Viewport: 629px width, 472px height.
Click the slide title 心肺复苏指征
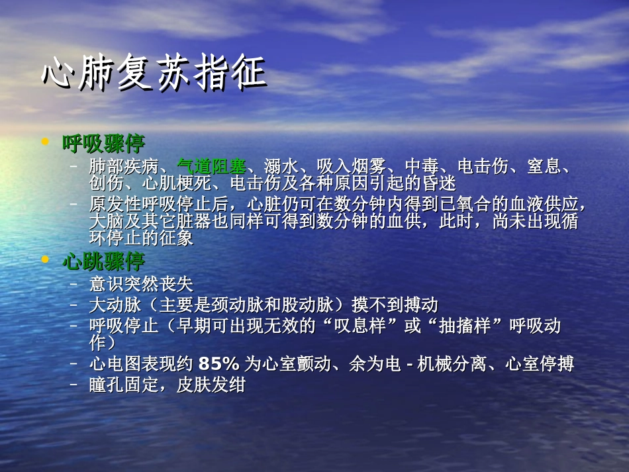point(154,73)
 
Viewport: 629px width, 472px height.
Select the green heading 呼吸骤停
point(103,143)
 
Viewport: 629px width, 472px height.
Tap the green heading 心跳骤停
point(103,261)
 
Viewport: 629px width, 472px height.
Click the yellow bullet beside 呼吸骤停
point(45,142)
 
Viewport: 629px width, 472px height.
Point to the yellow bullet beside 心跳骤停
point(45,260)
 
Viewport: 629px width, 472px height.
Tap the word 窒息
point(544,166)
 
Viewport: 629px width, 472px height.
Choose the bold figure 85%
point(218,363)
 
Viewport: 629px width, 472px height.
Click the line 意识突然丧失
point(141,285)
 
